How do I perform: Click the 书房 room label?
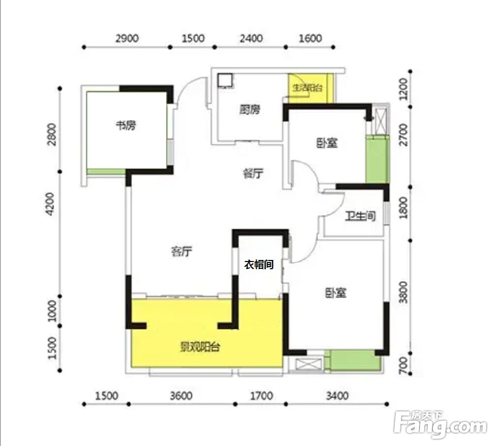point(126,126)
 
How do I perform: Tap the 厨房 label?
point(250,110)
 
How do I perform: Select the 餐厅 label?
point(253,173)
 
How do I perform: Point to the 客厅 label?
point(181,252)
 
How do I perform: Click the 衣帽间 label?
point(259,265)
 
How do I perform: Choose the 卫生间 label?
point(360,217)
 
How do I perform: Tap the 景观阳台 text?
point(200,347)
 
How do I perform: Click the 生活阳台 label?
point(307,88)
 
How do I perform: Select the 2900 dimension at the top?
point(127,39)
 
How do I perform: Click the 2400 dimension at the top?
point(251,39)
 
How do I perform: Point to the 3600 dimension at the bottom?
point(181,396)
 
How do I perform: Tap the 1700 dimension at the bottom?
point(261,396)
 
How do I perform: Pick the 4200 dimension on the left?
point(50,204)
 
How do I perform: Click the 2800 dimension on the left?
point(51,134)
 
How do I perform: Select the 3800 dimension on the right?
point(402,293)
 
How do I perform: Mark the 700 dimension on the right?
point(402,365)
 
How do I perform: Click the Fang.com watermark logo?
point(440,424)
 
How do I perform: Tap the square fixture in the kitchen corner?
point(225,80)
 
